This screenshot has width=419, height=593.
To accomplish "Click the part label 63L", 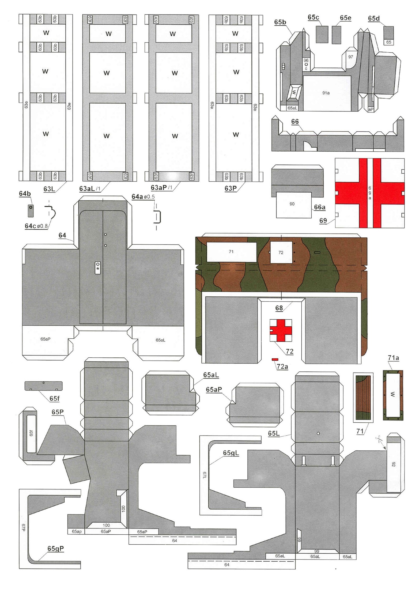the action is click(49, 189).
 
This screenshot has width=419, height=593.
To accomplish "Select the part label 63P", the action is click(230, 188).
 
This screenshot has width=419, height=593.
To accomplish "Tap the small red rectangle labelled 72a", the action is click(275, 359).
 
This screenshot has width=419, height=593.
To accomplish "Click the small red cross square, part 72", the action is click(281, 330).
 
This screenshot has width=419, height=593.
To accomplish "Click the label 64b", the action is click(25, 194).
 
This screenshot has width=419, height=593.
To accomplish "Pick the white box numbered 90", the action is click(294, 205).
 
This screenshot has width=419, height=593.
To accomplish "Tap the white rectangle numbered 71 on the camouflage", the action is click(231, 252).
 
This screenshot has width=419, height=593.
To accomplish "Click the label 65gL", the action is click(231, 453).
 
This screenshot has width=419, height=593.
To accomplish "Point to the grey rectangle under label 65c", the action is click(322, 34).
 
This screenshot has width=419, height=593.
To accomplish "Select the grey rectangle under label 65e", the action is click(336, 35).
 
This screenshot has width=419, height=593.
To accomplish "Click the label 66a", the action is click(320, 207).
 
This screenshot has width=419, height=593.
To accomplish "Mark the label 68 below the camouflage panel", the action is click(279, 308).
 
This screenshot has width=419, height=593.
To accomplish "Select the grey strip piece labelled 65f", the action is click(44, 386).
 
